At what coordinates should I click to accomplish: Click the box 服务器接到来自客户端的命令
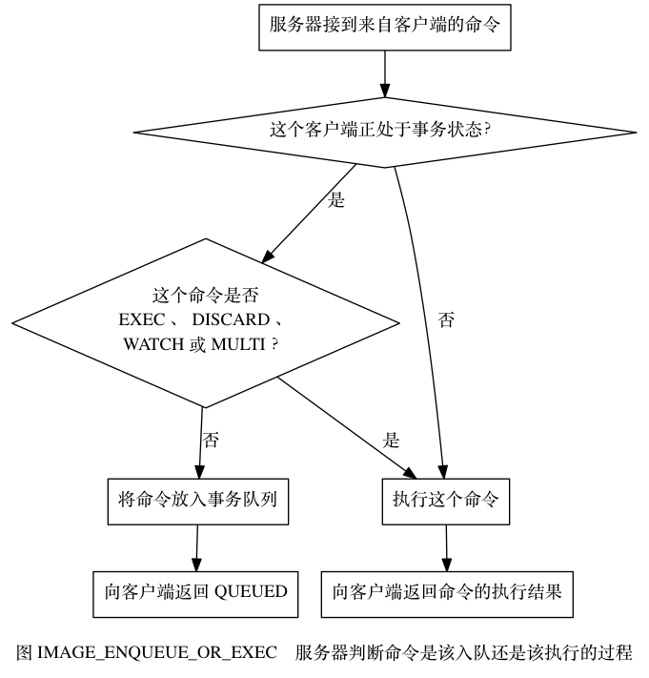(x=385, y=26)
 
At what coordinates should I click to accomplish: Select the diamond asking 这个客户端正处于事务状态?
(x=385, y=128)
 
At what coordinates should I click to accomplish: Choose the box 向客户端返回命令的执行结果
(x=447, y=592)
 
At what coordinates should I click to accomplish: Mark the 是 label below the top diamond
(x=335, y=202)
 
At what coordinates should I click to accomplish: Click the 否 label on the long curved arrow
(x=446, y=320)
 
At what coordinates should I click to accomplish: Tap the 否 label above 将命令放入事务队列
(x=212, y=441)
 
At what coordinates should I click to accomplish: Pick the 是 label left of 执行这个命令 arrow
(x=392, y=441)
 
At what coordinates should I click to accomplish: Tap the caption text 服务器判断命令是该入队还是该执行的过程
(x=464, y=653)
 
